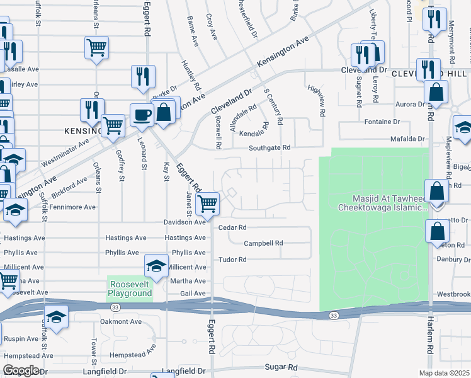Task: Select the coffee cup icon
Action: (x=142, y=115)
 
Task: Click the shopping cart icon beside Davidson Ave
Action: (x=207, y=203)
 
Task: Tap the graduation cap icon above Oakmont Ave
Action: (x=57, y=318)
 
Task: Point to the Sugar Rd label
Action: (x=280, y=367)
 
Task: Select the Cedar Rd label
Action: (x=232, y=227)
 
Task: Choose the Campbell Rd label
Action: (x=263, y=243)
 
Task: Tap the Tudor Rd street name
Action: (x=232, y=260)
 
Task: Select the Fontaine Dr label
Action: (x=382, y=121)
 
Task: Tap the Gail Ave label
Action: (x=194, y=294)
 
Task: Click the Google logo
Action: (x=21, y=370)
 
